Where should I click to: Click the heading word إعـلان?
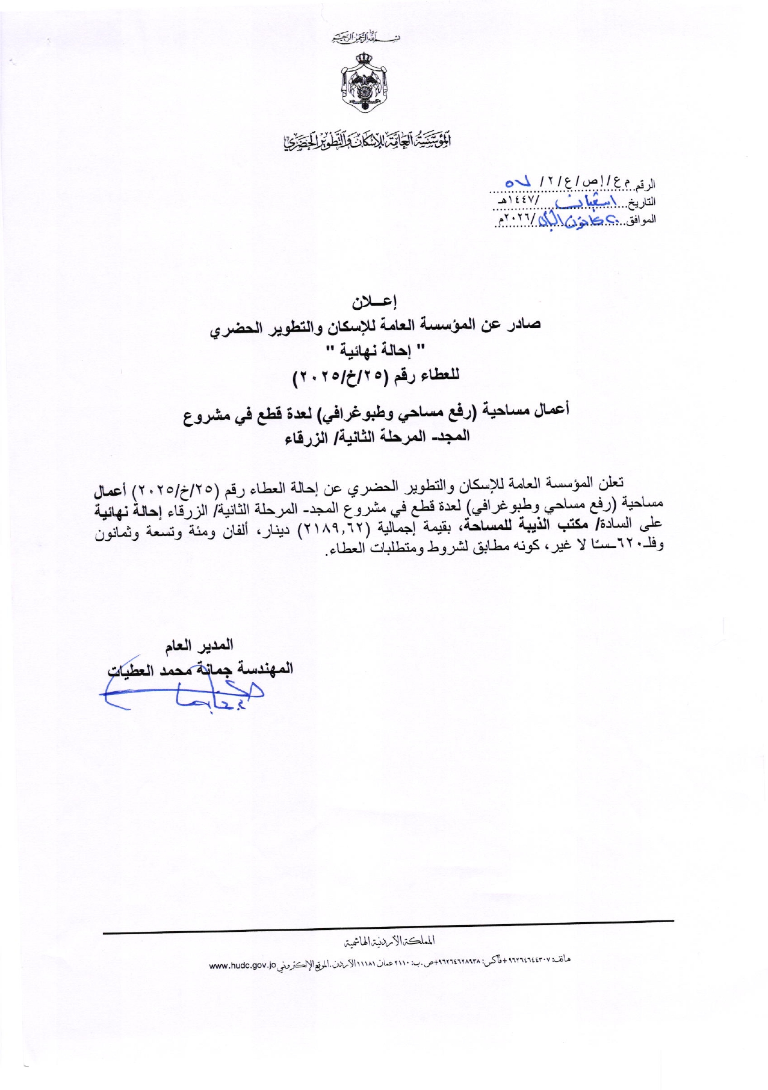(376, 301)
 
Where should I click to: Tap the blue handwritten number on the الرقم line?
(518, 180)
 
